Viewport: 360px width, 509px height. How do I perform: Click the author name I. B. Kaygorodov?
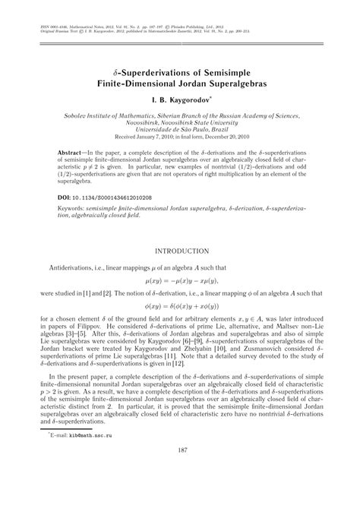[180, 100]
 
